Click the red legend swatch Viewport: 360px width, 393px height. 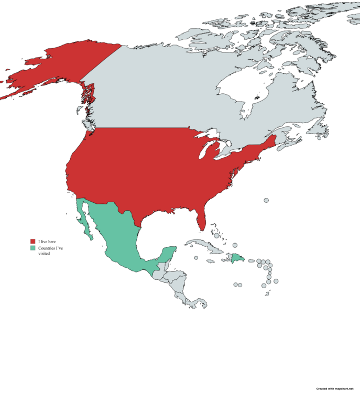tap(32, 241)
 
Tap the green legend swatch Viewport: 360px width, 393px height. tap(32, 247)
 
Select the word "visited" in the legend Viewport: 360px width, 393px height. tap(44, 253)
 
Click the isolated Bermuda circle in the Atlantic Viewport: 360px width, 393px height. tap(266, 200)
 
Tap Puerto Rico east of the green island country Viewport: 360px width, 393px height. tap(250, 260)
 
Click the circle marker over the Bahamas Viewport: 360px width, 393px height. tap(216, 228)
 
